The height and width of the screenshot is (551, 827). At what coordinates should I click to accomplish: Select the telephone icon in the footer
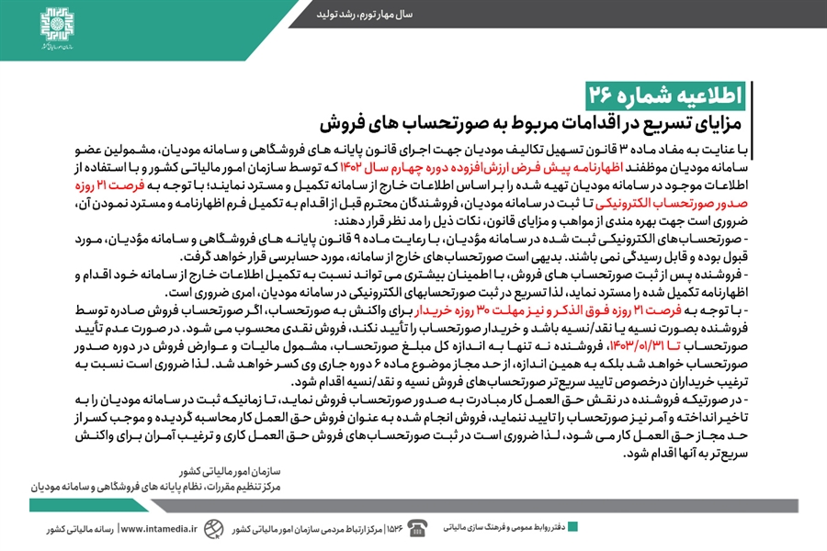(x=418, y=528)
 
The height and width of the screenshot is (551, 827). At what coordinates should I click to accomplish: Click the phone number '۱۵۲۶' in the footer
(x=396, y=529)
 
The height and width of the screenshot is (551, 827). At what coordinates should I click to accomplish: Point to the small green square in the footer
(x=572, y=527)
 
